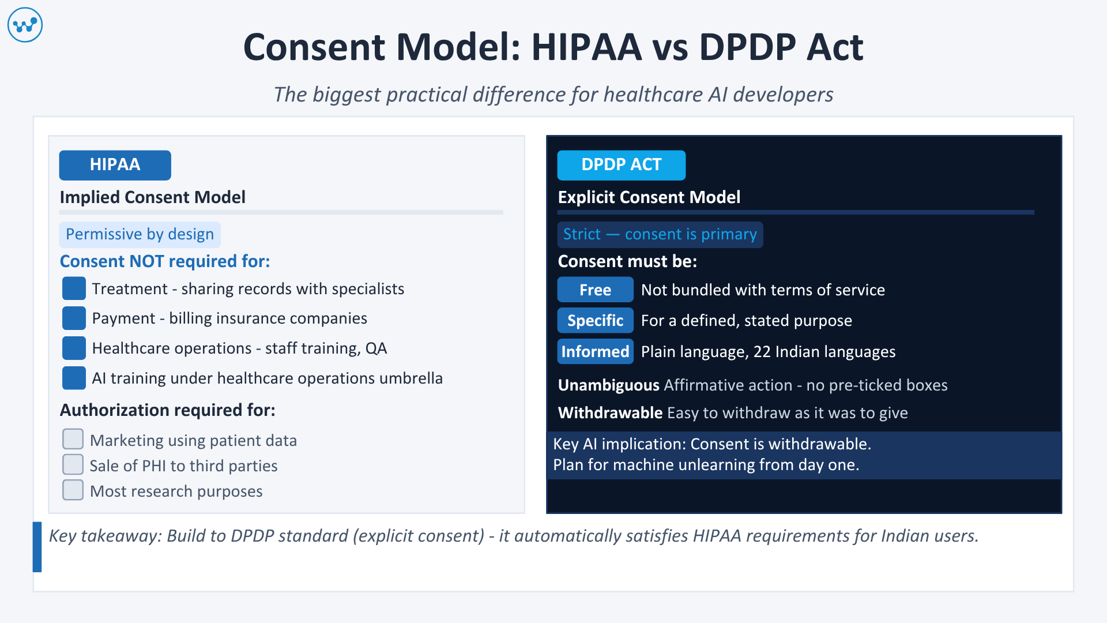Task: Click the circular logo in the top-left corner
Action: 25,25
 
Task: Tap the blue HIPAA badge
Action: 115,165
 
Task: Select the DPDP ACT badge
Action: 621,165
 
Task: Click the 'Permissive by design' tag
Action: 140,234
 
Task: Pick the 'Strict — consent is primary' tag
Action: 660,234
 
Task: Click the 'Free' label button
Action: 595,290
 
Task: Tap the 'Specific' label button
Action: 595,321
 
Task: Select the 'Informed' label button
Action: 595,351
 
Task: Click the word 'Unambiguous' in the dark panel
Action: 608,385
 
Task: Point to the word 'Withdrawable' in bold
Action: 610,412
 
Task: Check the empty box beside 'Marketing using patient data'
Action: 73,439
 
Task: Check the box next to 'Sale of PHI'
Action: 73,464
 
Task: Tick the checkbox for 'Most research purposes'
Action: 73,490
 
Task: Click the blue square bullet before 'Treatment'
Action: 74,288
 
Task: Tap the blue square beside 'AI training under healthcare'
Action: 74,378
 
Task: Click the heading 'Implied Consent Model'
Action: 153,197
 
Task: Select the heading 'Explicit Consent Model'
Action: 649,197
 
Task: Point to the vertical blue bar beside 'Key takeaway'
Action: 37,547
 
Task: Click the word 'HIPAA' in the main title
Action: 586,47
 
